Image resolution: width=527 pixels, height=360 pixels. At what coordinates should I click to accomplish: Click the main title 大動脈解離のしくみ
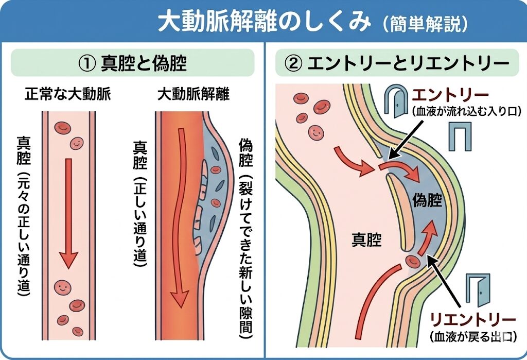tap(263, 22)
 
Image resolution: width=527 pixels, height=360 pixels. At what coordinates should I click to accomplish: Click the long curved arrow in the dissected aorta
tap(180, 216)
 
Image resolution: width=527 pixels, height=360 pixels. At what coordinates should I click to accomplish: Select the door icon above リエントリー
tap(478, 290)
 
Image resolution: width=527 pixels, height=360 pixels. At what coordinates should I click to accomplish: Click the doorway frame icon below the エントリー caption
tap(459, 136)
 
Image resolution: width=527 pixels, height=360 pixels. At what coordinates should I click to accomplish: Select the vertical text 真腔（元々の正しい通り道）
tap(24, 216)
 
